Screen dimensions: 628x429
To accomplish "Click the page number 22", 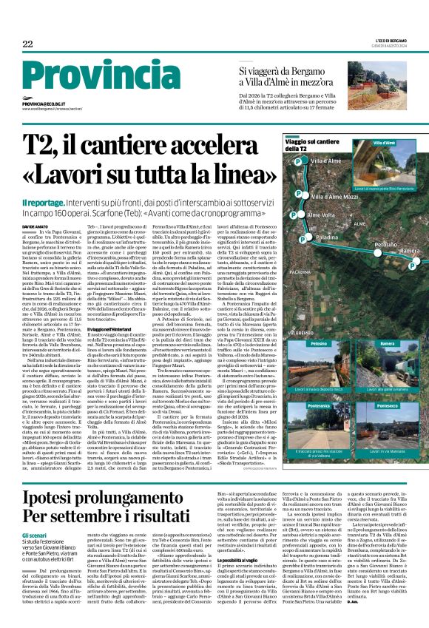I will (27, 44).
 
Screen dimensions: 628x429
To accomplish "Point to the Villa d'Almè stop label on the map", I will (325, 161).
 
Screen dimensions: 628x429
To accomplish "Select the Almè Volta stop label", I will (322, 215).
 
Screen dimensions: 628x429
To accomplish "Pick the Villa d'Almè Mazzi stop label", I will (334, 197).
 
